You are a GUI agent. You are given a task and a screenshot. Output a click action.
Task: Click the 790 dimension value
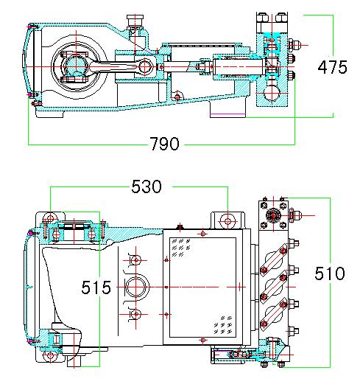(x=163, y=144)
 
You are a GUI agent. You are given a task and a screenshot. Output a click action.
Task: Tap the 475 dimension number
(x=332, y=67)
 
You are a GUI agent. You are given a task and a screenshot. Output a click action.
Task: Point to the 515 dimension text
(x=96, y=287)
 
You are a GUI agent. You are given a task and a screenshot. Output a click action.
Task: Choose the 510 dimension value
(x=329, y=274)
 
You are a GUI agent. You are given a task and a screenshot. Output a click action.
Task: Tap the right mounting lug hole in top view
(x=227, y=220)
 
